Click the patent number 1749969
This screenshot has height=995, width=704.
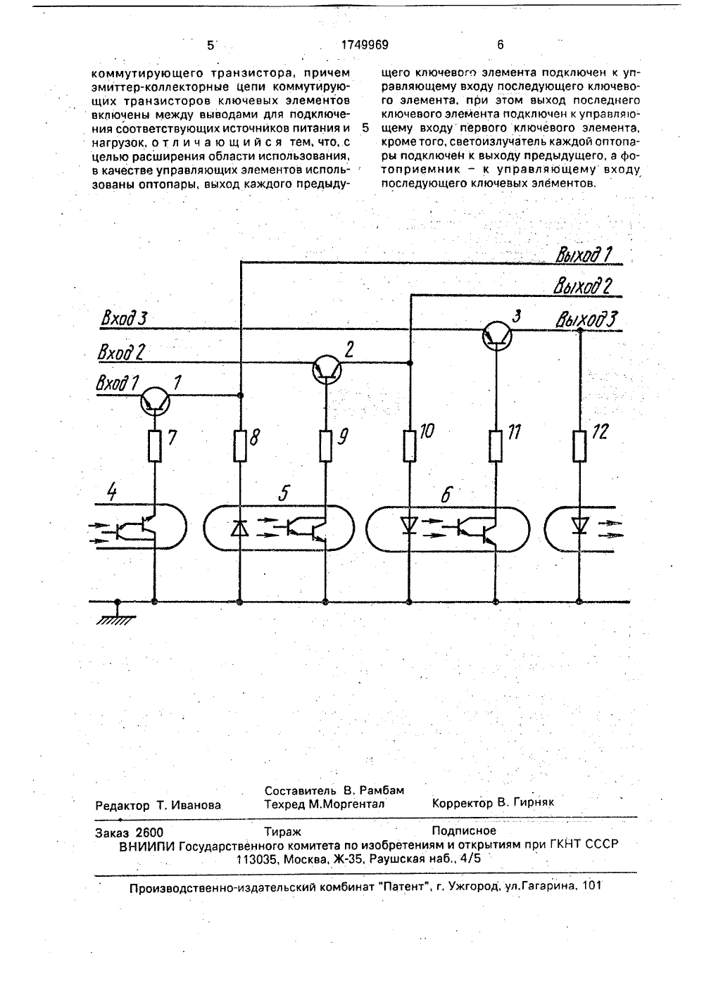[x=365, y=44]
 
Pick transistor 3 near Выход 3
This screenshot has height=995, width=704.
[x=497, y=336]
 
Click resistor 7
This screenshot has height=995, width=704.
[x=155, y=445]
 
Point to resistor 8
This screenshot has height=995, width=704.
[x=240, y=445]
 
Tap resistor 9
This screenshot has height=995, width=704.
[x=326, y=445]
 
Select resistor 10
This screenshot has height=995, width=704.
[x=410, y=445]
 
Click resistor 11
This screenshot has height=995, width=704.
[x=496, y=445]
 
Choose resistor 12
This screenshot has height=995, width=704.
[x=579, y=445]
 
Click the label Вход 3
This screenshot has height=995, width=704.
[x=124, y=319]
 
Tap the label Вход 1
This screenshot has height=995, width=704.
[x=118, y=383]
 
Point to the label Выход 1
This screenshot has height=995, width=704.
[x=584, y=255]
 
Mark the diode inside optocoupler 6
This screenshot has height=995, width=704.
[x=409, y=526]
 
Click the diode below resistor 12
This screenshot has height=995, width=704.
[x=579, y=526]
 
